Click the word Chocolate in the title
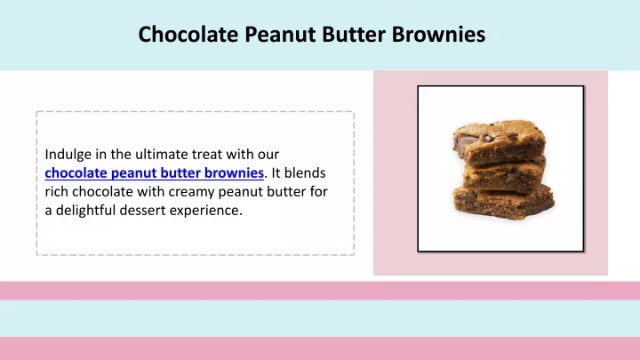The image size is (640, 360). click(188, 34)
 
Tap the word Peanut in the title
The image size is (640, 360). click(280, 35)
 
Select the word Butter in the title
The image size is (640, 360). click(354, 34)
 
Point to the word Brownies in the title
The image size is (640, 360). click(439, 34)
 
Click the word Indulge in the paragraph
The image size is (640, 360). click(68, 155)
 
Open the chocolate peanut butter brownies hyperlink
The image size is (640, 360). click(155, 173)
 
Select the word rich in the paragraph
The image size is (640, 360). click(57, 191)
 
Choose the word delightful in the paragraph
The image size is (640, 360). click(86, 210)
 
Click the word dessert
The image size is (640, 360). click(143, 210)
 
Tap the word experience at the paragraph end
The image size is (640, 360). click(206, 211)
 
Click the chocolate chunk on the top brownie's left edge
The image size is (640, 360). click(462, 143)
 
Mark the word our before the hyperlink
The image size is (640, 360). click(268, 155)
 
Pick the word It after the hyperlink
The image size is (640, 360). click(276, 173)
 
